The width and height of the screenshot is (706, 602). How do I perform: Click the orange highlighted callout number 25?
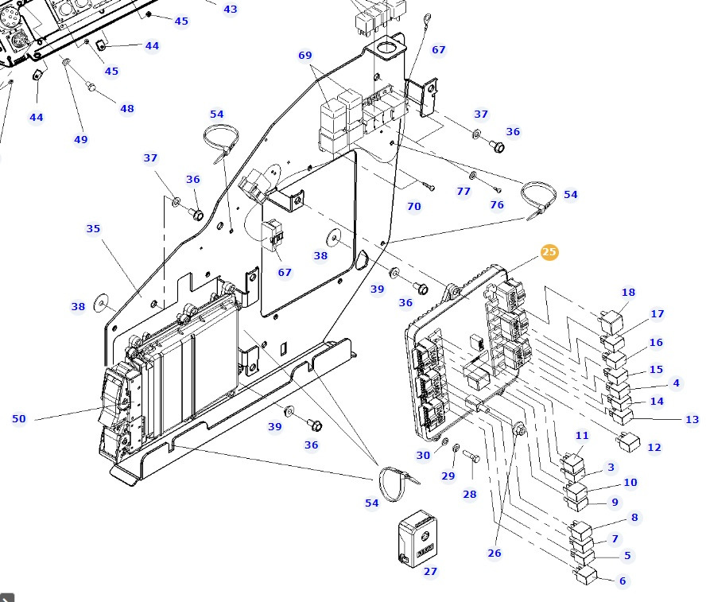pos(549,252)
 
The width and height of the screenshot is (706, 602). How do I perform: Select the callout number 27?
pos(430,571)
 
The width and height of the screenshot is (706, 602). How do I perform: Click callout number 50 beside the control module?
pos(19,419)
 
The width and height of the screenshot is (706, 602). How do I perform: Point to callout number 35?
pos(93,229)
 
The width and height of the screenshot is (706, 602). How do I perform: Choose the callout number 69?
pos(305,55)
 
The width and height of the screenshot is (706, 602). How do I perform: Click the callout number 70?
pos(413,207)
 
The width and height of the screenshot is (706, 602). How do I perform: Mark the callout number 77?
pos(464,192)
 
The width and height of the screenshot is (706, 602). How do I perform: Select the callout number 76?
pos(497,205)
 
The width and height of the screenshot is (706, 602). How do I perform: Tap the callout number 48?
pos(127,109)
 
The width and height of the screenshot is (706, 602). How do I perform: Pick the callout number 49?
pos(80,140)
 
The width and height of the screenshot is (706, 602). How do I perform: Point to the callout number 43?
pos(230,10)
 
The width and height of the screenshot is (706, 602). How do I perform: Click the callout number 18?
pos(628,293)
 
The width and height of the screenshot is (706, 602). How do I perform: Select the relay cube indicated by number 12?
pos(629,442)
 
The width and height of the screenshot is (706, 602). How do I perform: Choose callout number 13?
pos(692,420)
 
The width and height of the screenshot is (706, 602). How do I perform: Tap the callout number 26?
pos(495,553)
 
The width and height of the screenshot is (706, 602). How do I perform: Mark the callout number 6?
pos(623,581)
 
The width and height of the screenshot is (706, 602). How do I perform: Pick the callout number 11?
pos(582,436)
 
